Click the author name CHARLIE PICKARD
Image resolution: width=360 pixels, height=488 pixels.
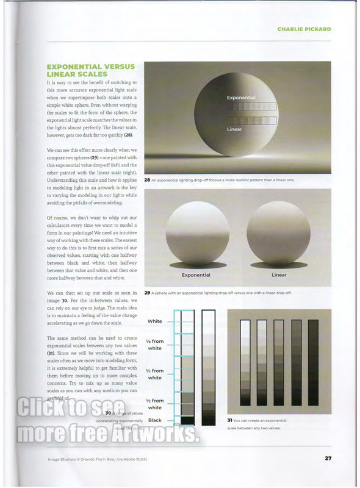click(304, 29)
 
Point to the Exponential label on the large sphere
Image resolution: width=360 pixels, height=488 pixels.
click(241, 98)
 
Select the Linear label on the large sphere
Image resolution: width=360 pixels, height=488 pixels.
click(234, 129)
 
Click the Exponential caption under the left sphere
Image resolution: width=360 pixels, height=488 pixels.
click(196, 275)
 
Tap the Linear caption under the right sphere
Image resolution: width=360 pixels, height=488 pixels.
click(279, 275)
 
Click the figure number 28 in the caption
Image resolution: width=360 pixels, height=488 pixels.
click(148, 180)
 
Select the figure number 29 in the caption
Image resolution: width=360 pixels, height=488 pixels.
click(148, 293)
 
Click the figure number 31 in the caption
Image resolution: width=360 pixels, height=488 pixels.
click(230, 420)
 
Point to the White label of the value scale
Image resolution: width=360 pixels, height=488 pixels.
click(155, 321)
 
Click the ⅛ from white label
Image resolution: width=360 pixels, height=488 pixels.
click(155, 345)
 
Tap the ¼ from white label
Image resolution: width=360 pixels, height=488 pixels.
click(155, 374)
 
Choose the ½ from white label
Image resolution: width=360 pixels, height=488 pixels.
click(155, 404)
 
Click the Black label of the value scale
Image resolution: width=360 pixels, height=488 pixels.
click(155, 420)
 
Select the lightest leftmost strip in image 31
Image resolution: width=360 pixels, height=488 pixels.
click(246, 362)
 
